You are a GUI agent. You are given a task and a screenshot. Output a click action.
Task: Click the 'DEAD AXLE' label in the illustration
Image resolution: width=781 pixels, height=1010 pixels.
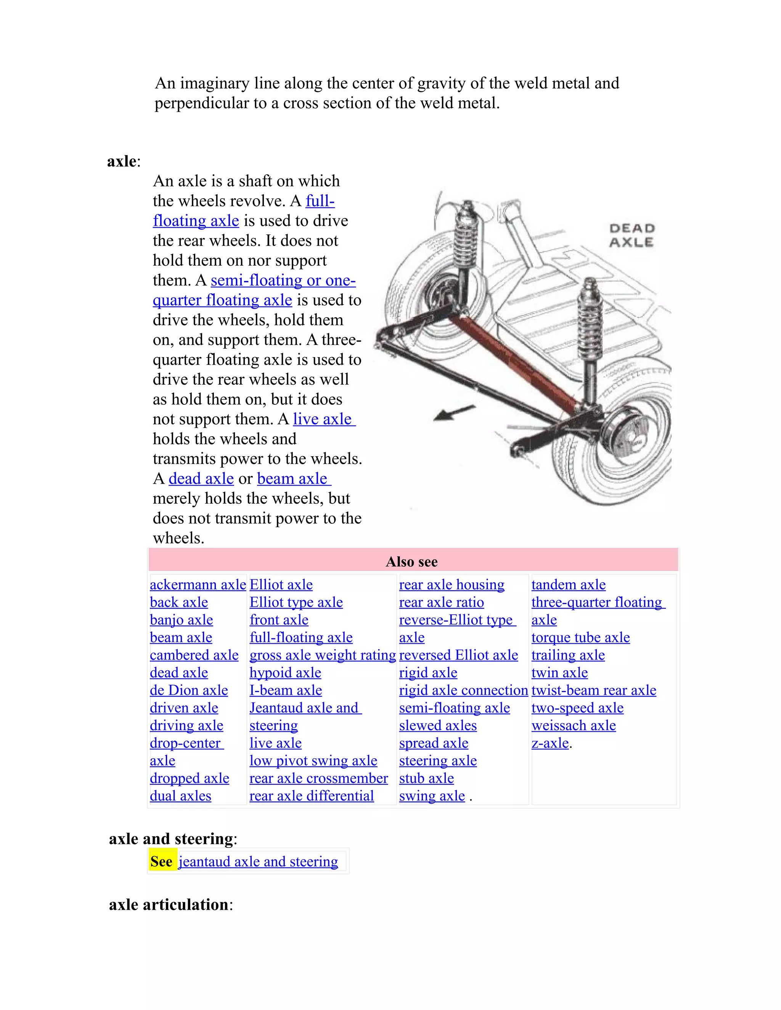tap(632, 236)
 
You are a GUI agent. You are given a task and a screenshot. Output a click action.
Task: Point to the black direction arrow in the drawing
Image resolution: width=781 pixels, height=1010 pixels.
tap(453, 413)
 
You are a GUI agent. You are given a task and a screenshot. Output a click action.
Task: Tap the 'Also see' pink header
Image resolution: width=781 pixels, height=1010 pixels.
tap(412, 561)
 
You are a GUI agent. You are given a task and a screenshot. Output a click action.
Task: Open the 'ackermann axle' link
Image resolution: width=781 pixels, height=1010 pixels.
tap(198, 585)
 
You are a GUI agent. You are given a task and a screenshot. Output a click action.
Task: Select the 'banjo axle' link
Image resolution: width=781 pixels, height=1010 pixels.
tap(182, 620)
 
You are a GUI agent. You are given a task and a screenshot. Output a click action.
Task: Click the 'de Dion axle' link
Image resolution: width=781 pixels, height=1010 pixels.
tap(189, 691)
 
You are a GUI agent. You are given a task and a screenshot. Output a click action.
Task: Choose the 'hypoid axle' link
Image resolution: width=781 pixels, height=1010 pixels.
tap(285, 673)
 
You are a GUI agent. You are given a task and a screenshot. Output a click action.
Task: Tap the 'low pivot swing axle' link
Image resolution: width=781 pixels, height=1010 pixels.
tap(313, 761)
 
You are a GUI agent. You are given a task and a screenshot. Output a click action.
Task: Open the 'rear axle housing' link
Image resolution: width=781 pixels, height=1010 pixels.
tap(452, 585)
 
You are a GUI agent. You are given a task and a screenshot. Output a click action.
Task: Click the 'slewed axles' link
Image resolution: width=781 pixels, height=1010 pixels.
tap(438, 726)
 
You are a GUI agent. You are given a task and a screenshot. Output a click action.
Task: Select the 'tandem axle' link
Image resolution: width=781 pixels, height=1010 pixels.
tap(568, 585)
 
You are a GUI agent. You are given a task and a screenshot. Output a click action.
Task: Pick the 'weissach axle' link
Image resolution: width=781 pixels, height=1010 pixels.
tap(573, 726)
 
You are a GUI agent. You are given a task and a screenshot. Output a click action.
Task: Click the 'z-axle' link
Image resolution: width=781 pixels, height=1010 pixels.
tap(550, 743)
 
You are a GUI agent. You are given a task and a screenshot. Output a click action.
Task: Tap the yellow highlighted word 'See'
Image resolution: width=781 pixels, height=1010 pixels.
tap(161, 862)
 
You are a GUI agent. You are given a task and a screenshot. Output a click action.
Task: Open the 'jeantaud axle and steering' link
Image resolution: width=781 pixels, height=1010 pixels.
tap(258, 862)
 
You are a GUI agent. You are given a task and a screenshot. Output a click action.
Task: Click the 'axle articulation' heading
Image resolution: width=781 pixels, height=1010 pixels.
tap(169, 904)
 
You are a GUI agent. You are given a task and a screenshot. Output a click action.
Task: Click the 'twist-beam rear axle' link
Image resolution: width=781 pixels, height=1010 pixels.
tap(594, 691)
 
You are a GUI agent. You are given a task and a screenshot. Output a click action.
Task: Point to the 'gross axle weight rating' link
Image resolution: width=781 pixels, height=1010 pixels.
tap(323, 655)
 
